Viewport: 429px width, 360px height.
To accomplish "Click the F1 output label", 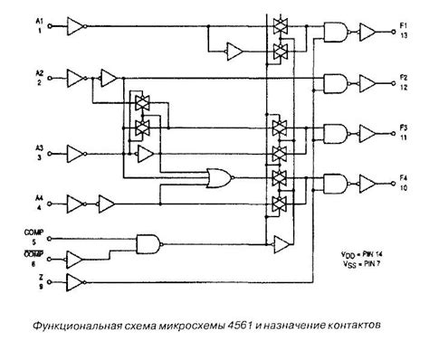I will (401, 27).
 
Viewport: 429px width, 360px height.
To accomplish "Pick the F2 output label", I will (401, 78).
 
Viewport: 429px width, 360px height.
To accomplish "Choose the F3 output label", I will (401, 128).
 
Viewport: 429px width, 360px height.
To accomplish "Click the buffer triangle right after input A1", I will (76, 27).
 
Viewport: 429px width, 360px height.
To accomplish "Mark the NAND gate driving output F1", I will (334, 33).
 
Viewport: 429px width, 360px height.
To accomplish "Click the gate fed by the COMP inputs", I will (147, 242).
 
